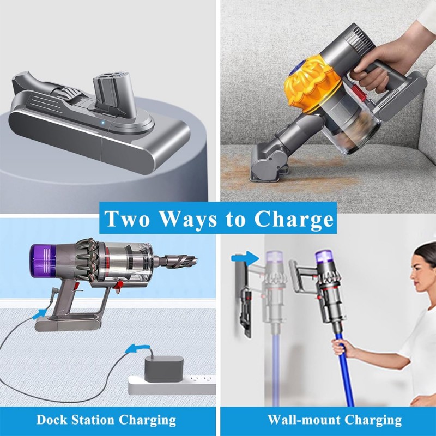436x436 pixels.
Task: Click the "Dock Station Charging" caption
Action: tap(106, 420)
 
